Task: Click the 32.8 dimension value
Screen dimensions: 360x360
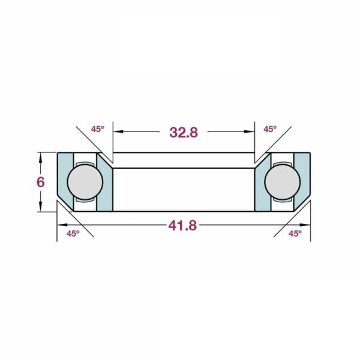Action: coord(184,133)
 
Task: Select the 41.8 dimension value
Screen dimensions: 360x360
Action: coord(182,226)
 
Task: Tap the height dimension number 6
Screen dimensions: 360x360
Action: coord(40,182)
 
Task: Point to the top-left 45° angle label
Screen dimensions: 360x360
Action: coord(98,129)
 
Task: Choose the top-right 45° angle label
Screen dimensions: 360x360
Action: coord(270,129)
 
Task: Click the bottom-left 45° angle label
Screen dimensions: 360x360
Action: coord(73,233)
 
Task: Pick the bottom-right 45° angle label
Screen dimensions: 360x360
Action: coord(295,233)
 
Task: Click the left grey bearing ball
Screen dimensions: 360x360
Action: coord(85,182)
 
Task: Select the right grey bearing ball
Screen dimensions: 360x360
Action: coord(283,182)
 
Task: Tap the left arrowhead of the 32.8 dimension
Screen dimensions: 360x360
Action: coord(118,131)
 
